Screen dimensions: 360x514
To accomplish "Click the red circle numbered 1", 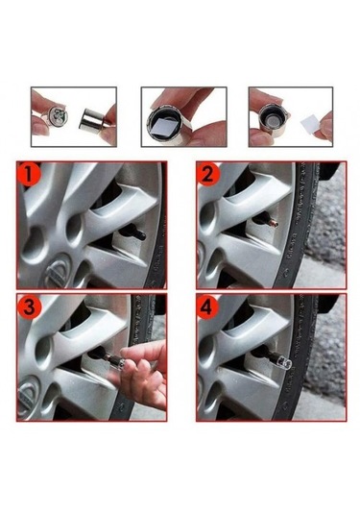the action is tap(30, 174).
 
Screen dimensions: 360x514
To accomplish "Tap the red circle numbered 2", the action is tap(208, 174).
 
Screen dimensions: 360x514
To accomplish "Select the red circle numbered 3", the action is tap(30, 307).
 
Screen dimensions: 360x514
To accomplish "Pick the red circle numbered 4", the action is tap(207, 306).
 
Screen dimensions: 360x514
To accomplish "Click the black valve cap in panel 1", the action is tap(132, 232).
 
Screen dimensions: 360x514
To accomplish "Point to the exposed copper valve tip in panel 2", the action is tap(275, 225).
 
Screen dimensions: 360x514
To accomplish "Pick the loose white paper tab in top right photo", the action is tap(308, 125).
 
